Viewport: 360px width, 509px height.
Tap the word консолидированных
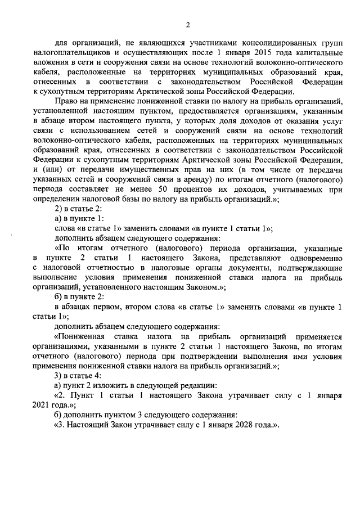[258, 42]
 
